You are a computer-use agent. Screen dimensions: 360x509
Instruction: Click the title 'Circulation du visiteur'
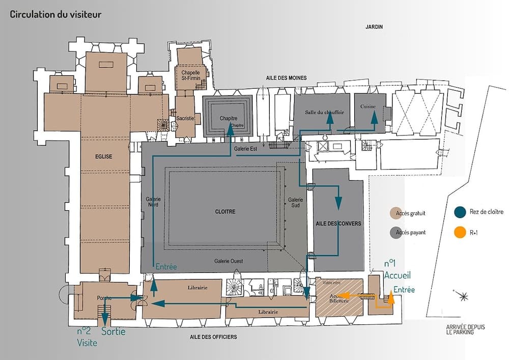pos(55,14)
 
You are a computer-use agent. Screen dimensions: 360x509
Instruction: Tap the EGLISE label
pos(103,157)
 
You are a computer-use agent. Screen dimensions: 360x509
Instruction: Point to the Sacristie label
pos(186,118)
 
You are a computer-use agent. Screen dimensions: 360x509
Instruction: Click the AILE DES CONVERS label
pos(338,224)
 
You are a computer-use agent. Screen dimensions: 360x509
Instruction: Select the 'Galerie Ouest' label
pos(229,261)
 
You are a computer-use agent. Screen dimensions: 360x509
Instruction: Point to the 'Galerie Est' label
pos(245,149)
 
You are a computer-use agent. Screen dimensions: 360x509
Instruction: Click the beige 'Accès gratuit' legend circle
pos(394,213)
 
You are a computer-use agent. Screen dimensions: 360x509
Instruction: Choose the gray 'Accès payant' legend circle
pos(394,233)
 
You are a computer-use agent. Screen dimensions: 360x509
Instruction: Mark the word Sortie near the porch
pos(113,331)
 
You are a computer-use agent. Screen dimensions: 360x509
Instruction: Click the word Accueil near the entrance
pos(397,275)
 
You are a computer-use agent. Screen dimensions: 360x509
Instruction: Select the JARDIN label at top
pos(374,27)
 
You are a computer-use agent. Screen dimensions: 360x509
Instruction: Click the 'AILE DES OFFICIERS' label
pos(213,337)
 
